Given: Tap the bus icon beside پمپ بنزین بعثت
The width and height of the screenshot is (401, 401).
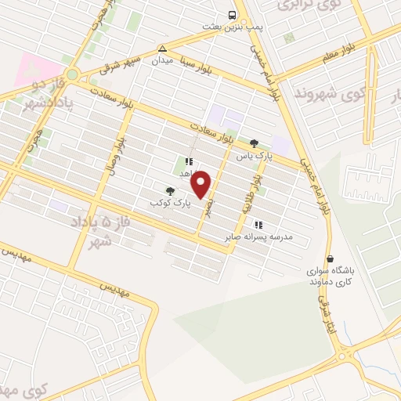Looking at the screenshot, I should [232, 15].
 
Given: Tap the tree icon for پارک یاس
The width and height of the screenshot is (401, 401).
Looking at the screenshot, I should [253, 143].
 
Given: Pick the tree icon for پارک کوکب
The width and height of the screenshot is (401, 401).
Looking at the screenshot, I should [169, 190].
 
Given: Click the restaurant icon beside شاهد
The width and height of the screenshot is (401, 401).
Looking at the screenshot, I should [188, 161].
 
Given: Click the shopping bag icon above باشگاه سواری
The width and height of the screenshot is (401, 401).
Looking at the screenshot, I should [331, 258].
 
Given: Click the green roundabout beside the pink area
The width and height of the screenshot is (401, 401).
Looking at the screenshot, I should [72, 74].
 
